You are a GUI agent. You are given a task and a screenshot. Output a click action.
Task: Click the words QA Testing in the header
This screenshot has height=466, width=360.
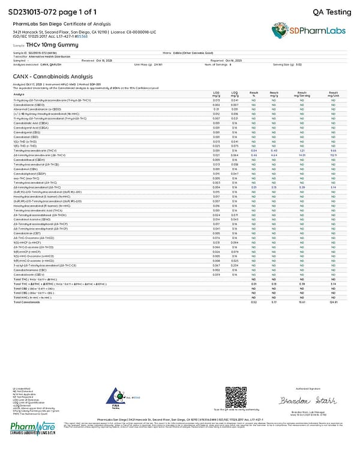pos(332,12)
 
